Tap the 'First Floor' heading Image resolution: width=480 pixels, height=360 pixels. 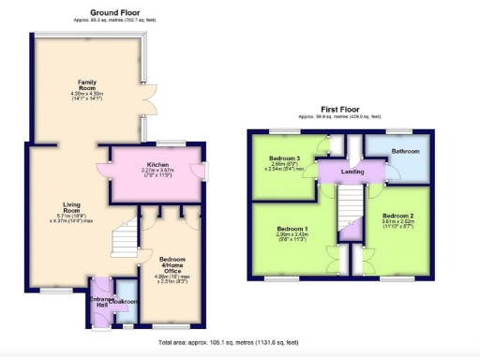pos(340,109)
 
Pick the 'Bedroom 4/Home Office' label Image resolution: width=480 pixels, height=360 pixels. pos(172,262)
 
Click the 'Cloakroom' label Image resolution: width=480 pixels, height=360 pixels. pos(123,303)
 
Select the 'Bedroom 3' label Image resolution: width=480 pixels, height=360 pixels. pos(283,157)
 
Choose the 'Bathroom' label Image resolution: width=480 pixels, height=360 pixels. pos(405,151)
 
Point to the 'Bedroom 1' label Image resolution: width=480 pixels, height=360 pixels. pos(292,229)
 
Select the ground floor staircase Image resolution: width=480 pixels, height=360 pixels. pos(124,241)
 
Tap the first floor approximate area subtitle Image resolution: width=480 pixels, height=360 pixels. pos(340,116)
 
